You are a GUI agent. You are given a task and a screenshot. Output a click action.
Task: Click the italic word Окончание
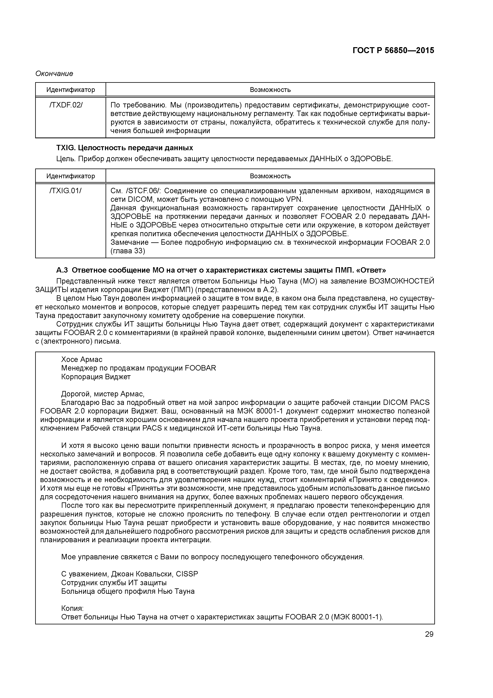point(54,74)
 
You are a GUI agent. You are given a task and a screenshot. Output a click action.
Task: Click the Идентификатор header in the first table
point(71,90)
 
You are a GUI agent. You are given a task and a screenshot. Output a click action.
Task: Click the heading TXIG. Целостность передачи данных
point(124,148)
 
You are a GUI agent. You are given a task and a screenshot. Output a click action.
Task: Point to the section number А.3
point(62,270)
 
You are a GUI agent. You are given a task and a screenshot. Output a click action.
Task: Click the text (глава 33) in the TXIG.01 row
point(128,251)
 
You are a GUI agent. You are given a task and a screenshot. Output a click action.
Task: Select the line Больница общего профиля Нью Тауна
point(128,592)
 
